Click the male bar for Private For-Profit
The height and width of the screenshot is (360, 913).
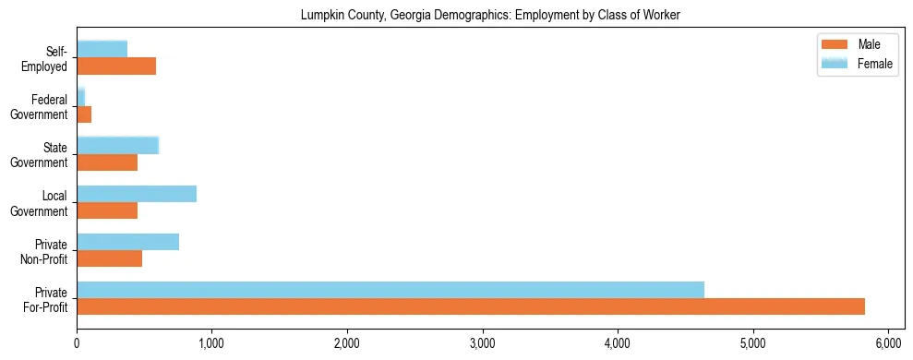coord(471,306)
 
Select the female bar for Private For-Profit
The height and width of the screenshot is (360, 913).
coord(390,290)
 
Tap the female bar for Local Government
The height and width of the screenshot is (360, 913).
coord(137,194)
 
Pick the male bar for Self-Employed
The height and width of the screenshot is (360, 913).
coord(116,66)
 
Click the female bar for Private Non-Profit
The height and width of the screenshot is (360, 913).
coord(127,242)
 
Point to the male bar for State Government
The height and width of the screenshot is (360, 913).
coord(107,162)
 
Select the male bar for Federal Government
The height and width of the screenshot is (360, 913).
coord(84,114)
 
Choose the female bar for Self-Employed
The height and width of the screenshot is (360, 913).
coord(102,49)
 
